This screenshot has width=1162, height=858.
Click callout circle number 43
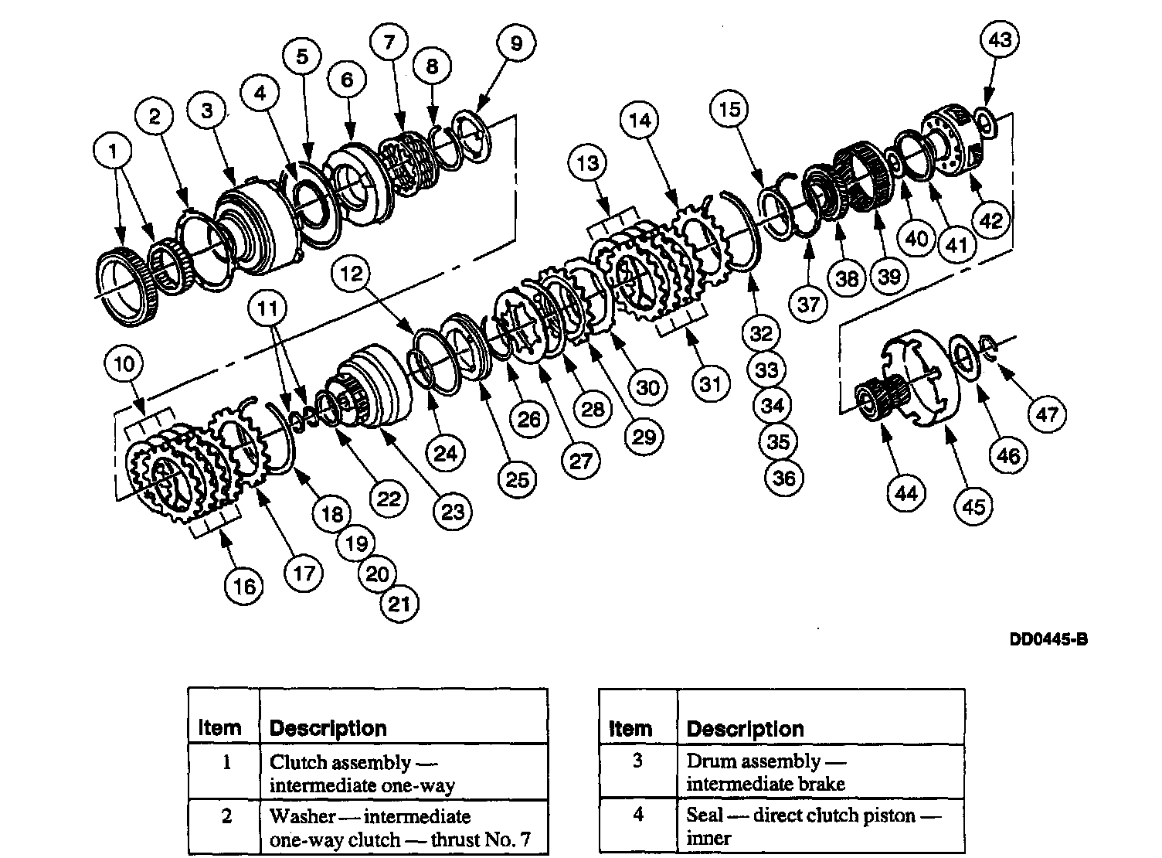tap(1000, 39)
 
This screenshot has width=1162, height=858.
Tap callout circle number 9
tap(515, 43)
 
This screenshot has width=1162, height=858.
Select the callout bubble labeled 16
tap(244, 587)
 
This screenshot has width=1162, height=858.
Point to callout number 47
tap(1047, 414)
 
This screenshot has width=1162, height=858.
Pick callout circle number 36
tap(783, 478)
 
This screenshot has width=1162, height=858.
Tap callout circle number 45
tap(973, 507)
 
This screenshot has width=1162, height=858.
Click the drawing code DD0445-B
tap(1048, 639)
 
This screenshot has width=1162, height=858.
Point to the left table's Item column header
tap(219, 728)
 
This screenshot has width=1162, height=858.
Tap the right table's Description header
tap(745, 728)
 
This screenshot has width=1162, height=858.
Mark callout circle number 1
tap(114, 152)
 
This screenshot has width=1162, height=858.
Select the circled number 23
tap(452, 511)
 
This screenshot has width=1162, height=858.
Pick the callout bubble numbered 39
tap(889, 276)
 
